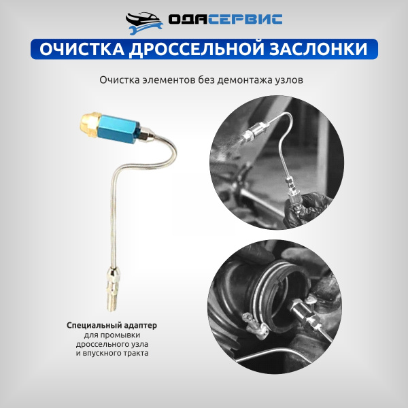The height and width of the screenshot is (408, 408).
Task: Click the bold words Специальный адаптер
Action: (112, 326)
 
